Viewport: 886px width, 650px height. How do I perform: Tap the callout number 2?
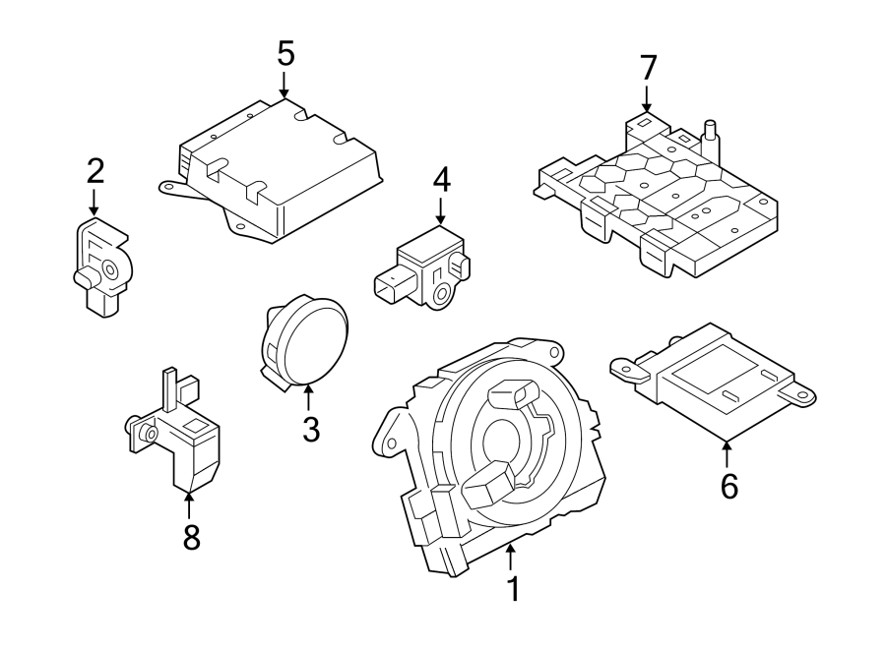(95, 170)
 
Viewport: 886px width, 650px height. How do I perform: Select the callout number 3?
(310, 430)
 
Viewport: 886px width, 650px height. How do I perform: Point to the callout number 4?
(441, 179)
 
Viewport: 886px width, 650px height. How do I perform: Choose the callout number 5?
(285, 51)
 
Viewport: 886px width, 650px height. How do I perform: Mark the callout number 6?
(728, 486)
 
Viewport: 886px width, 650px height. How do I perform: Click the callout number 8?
(191, 537)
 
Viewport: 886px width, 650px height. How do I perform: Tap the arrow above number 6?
(728, 453)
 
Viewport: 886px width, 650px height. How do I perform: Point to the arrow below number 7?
(647, 98)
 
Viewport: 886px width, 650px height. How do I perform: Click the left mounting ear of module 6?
(624, 366)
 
